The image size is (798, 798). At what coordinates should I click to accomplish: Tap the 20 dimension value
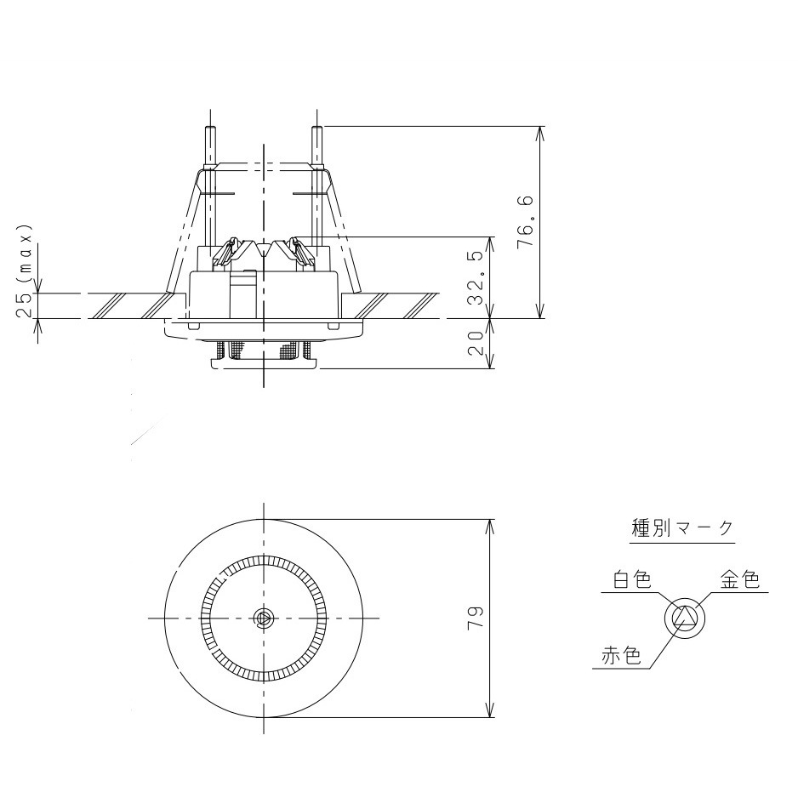(x=476, y=344)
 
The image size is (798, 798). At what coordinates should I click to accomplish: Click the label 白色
(x=631, y=581)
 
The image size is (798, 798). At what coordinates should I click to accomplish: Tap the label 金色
(x=739, y=581)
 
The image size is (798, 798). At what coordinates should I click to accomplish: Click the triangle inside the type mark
(x=685, y=618)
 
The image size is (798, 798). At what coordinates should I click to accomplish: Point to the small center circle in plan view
(x=264, y=618)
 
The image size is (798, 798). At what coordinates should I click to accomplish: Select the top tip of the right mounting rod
(x=316, y=129)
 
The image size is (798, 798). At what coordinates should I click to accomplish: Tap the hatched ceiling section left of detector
(x=128, y=305)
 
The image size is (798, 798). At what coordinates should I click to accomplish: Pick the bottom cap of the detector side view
(x=264, y=363)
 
